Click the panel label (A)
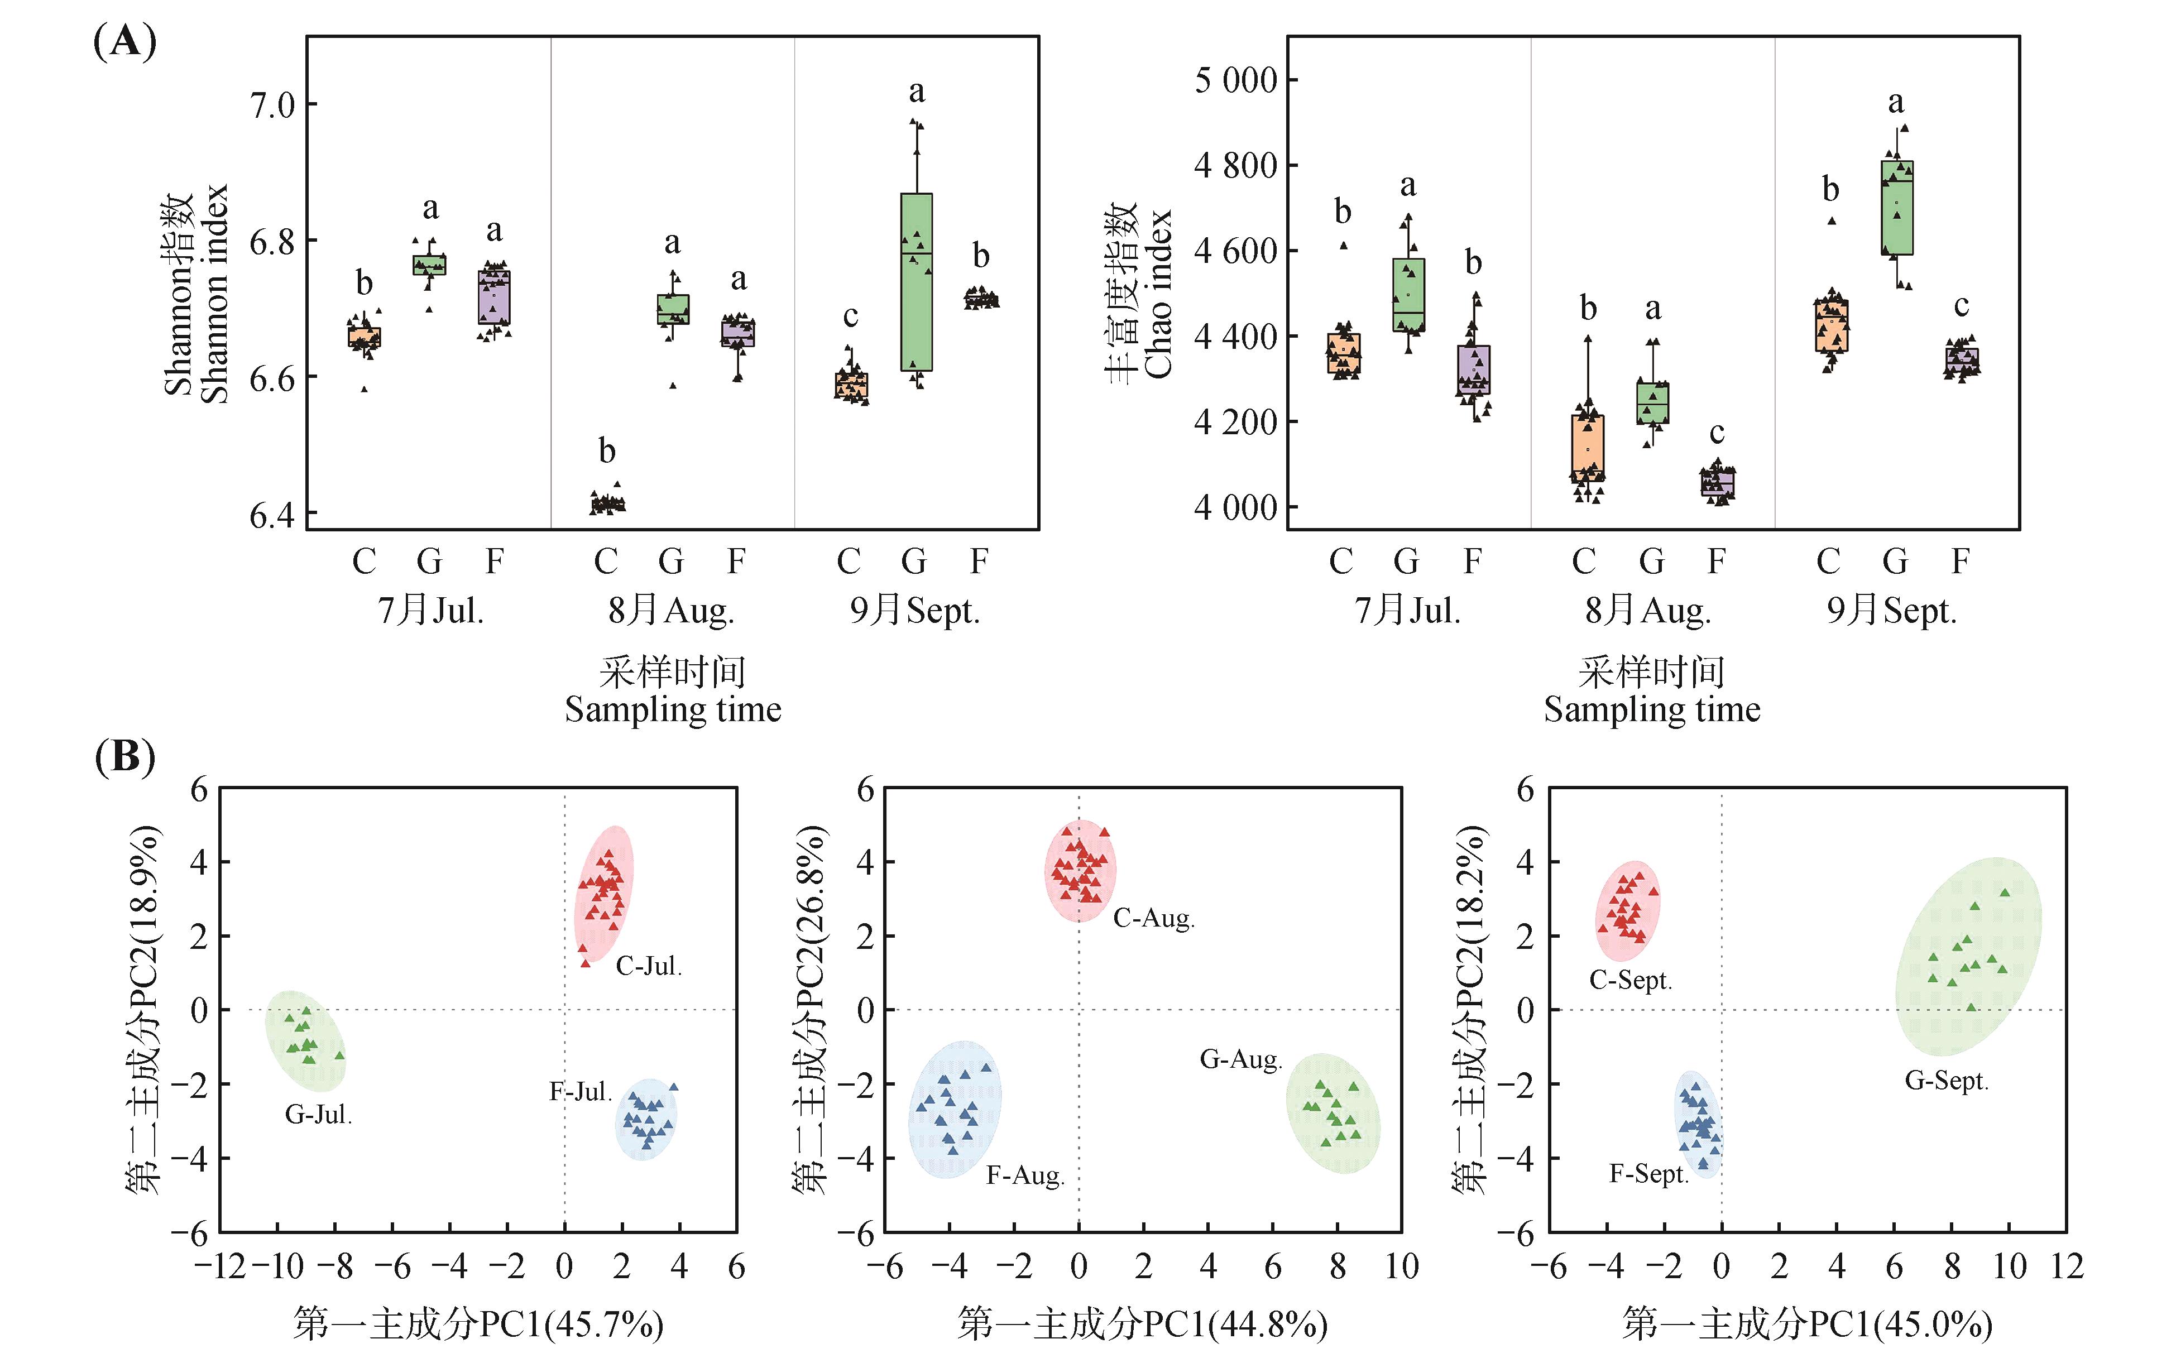[125, 41]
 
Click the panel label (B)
[125, 757]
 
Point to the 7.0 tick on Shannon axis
[272, 105]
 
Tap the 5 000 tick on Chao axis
[1235, 80]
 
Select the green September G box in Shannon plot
[916, 281]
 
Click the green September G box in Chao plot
[1897, 208]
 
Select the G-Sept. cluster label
[1946, 1081]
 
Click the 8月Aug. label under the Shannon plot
[671, 611]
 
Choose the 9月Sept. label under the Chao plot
[1891, 611]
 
